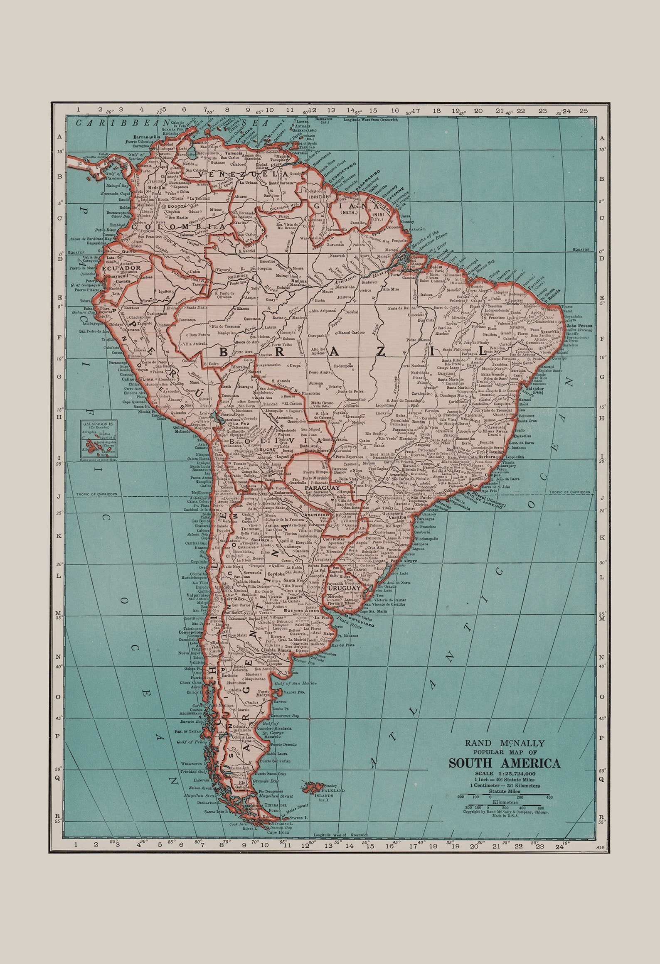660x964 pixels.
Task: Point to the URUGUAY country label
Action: point(343,588)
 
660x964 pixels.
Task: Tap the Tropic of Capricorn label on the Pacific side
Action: point(96,494)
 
